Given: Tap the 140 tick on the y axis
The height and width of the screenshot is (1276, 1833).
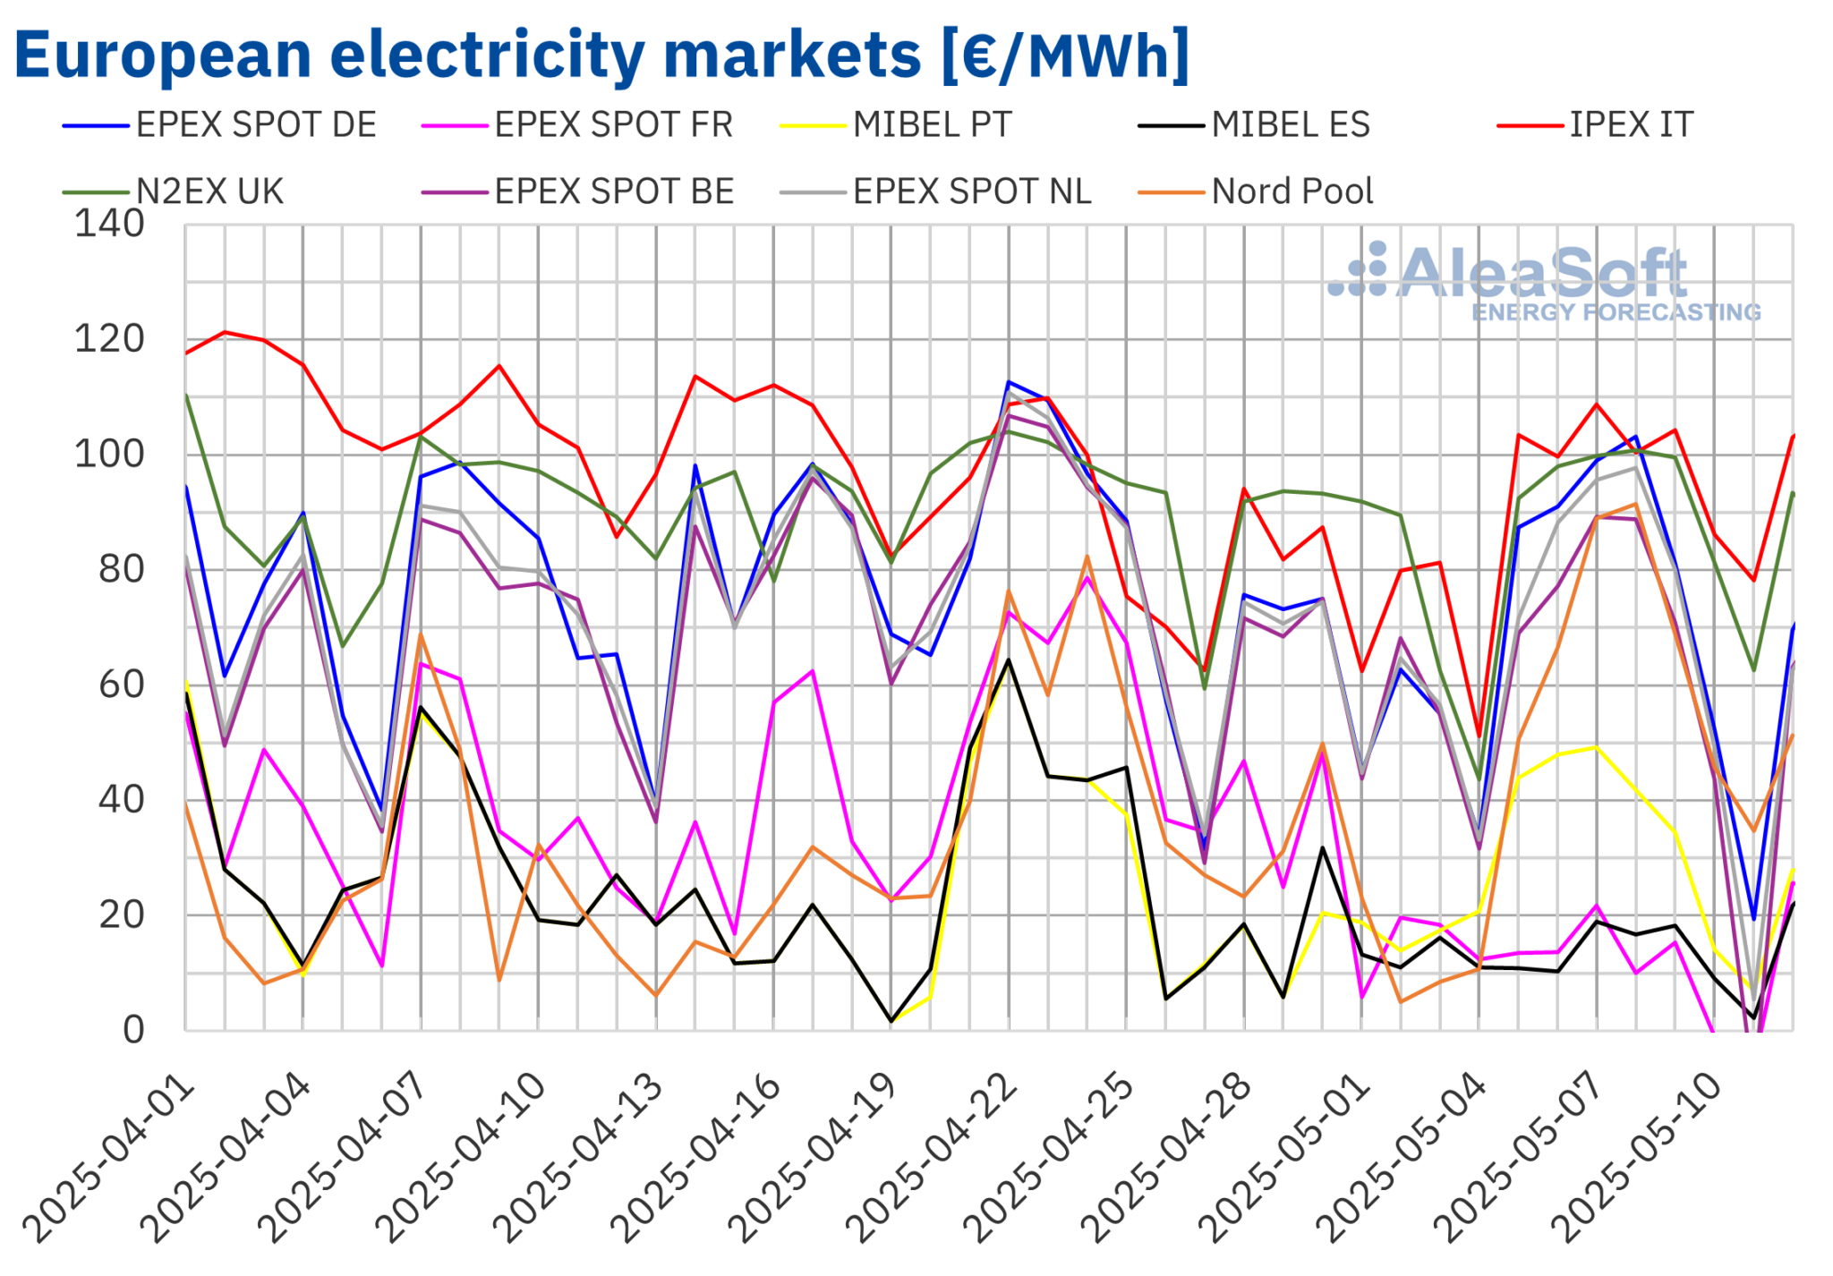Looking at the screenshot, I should [109, 224].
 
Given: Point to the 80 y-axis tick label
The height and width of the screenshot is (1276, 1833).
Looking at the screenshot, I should [121, 569].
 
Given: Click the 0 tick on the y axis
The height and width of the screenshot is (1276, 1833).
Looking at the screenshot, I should [133, 1030].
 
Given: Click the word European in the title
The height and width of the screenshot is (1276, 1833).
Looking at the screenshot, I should [163, 55].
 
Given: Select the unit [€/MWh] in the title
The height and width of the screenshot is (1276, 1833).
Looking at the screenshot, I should [1065, 55].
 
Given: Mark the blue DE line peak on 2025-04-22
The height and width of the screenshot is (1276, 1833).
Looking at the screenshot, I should [1009, 382].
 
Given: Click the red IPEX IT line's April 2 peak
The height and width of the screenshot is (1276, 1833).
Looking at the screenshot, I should [225, 332].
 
